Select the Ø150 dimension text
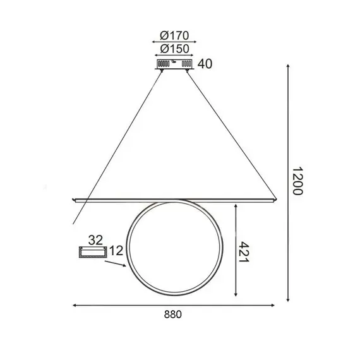[x=172, y=49]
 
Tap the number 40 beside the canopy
[x=205, y=64]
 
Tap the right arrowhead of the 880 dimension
[x=274, y=305]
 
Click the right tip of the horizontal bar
[x=275, y=201]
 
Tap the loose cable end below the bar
[x=75, y=224]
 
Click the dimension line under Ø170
[x=172, y=42]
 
